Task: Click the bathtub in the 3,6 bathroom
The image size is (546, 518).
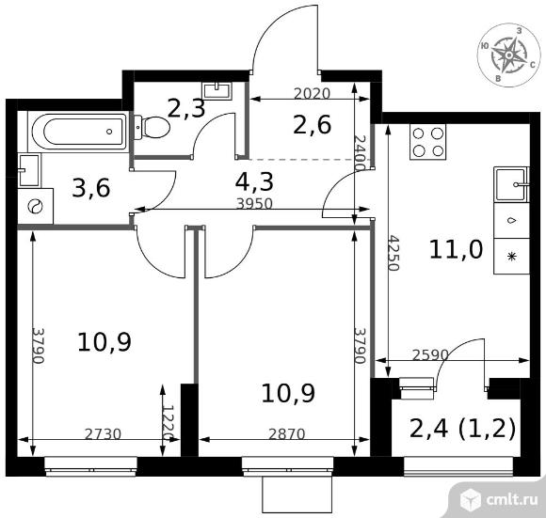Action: click(x=79, y=132)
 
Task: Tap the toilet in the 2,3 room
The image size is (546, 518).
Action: click(x=153, y=127)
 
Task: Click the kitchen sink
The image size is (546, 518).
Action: click(x=511, y=184)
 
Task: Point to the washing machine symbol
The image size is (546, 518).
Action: click(x=35, y=207)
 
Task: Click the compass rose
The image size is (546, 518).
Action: click(x=508, y=55)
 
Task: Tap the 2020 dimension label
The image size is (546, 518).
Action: click(x=312, y=93)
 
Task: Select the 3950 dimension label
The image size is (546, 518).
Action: click(x=254, y=203)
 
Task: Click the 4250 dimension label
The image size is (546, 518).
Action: click(x=393, y=253)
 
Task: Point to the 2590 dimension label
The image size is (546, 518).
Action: click(x=430, y=354)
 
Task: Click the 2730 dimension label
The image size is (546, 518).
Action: click(x=103, y=434)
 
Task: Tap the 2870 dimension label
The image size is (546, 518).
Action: click(x=287, y=434)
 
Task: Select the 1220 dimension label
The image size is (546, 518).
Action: click(x=169, y=422)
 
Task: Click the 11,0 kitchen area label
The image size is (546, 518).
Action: click(x=457, y=249)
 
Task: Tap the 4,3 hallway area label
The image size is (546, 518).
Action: click(x=254, y=181)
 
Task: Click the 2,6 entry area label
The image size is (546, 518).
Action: click(x=312, y=125)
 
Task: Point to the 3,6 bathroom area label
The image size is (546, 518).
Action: click(x=91, y=188)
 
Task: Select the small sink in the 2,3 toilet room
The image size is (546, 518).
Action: click(x=217, y=90)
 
